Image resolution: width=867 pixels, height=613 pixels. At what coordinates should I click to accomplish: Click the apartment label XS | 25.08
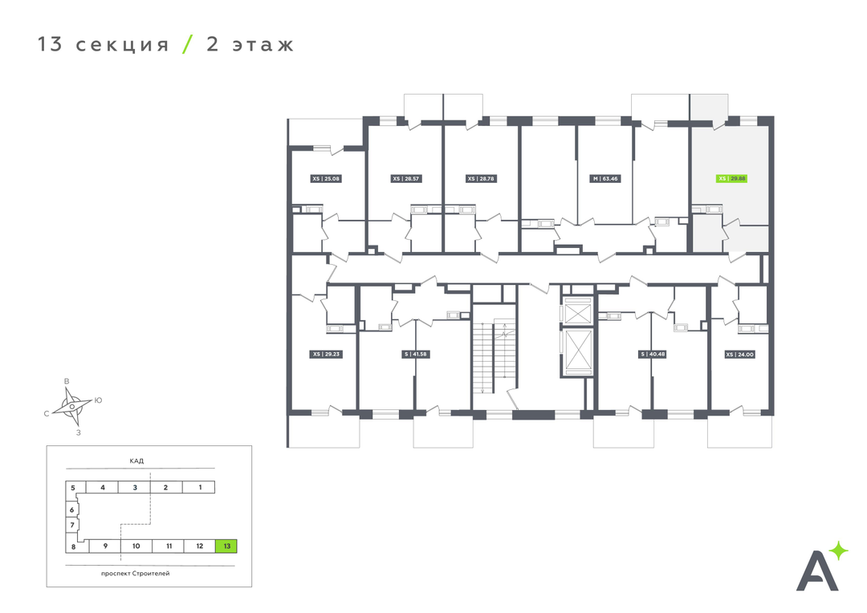tap(326, 179)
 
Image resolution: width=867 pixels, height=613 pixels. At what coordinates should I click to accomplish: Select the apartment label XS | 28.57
tap(406, 179)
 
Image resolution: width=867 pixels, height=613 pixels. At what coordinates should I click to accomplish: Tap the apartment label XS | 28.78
tap(481, 179)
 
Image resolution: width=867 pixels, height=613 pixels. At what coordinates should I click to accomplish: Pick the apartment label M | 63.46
tap(605, 179)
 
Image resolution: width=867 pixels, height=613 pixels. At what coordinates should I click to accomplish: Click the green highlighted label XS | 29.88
tap(731, 179)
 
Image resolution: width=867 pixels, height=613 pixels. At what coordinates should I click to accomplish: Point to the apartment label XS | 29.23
tap(326, 354)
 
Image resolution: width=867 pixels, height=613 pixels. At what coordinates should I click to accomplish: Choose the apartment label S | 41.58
tap(415, 354)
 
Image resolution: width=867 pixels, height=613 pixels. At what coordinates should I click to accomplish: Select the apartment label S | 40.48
tap(653, 354)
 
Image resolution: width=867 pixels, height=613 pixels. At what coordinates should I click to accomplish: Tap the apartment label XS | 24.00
tap(739, 355)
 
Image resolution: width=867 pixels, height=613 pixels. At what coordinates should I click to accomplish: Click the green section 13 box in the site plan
tap(226, 546)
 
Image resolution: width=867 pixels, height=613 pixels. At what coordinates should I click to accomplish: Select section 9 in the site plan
tap(105, 546)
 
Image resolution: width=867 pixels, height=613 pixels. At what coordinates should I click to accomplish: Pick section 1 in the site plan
tap(200, 487)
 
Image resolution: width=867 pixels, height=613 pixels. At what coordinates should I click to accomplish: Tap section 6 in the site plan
tap(71, 509)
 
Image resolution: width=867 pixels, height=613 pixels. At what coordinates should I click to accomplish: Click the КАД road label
tap(136, 461)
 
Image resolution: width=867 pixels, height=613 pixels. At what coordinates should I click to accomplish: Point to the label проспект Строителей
tap(135, 573)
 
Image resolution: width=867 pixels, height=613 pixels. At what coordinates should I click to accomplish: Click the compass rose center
tap(71, 407)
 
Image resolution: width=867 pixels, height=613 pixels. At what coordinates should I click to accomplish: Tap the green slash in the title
tap(188, 44)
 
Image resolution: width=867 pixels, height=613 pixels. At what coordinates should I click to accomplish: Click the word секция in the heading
tap(122, 45)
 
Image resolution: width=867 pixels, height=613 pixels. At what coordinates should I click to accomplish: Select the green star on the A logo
tap(838, 550)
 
